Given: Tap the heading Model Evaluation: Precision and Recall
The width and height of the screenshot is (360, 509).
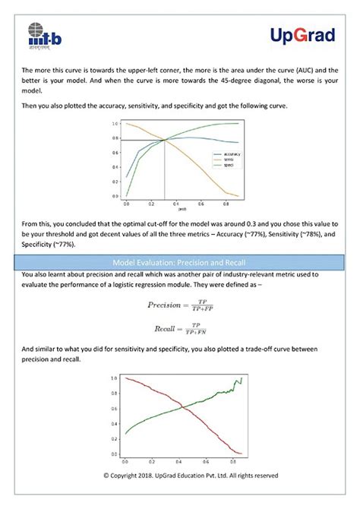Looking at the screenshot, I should tap(180, 261).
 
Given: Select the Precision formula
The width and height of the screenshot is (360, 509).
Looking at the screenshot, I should tap(180, 305).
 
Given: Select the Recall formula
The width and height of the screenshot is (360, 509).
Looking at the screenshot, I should tap(180, 329).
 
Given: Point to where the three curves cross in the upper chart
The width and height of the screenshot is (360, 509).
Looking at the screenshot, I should tap(165, 140).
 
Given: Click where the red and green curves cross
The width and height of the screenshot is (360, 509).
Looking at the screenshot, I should tap(182, 409).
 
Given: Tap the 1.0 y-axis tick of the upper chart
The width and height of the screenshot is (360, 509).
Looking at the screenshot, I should tap(115, 123).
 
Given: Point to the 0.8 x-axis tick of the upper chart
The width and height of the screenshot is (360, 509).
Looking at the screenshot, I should tap(227, 204).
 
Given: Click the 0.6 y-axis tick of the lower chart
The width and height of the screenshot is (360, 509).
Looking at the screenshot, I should tap(114, 408).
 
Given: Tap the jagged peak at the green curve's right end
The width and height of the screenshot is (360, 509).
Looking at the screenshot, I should tap(241, 378).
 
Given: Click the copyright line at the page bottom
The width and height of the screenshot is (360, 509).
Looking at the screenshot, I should tap(180, 476).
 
